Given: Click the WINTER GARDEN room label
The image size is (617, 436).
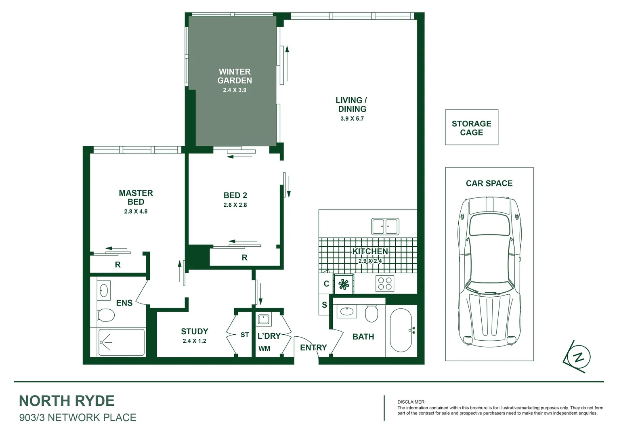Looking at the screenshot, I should click(235, 76).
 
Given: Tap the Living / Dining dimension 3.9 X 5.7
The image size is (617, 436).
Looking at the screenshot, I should click(352, 119).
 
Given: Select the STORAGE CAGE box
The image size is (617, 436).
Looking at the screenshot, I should click(471, 128).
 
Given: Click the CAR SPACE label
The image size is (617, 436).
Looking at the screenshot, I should click(489, 183).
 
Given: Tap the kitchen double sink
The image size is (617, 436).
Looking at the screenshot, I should click(385, 226).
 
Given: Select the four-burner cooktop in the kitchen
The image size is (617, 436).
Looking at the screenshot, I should click(384, 283).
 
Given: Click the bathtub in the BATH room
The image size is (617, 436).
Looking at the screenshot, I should click(401, 331).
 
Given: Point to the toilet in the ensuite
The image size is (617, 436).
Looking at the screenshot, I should click(106, 315).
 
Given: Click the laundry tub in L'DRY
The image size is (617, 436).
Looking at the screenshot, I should click(264, 319).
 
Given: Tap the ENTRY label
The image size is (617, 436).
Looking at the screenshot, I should click(313, 348).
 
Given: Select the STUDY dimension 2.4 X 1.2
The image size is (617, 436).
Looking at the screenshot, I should click(194, 341).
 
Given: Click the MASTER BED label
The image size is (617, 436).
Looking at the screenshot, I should click(136, 197).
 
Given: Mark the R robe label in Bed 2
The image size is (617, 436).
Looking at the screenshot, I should click(244, 258).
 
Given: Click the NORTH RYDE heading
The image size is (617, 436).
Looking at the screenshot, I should click(67, 401).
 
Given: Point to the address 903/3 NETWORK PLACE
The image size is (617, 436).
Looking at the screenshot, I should click(78, 417).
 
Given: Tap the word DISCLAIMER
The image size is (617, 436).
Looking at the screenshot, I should click(411, 402).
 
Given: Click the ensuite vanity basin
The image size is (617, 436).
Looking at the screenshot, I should click(104, 290).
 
